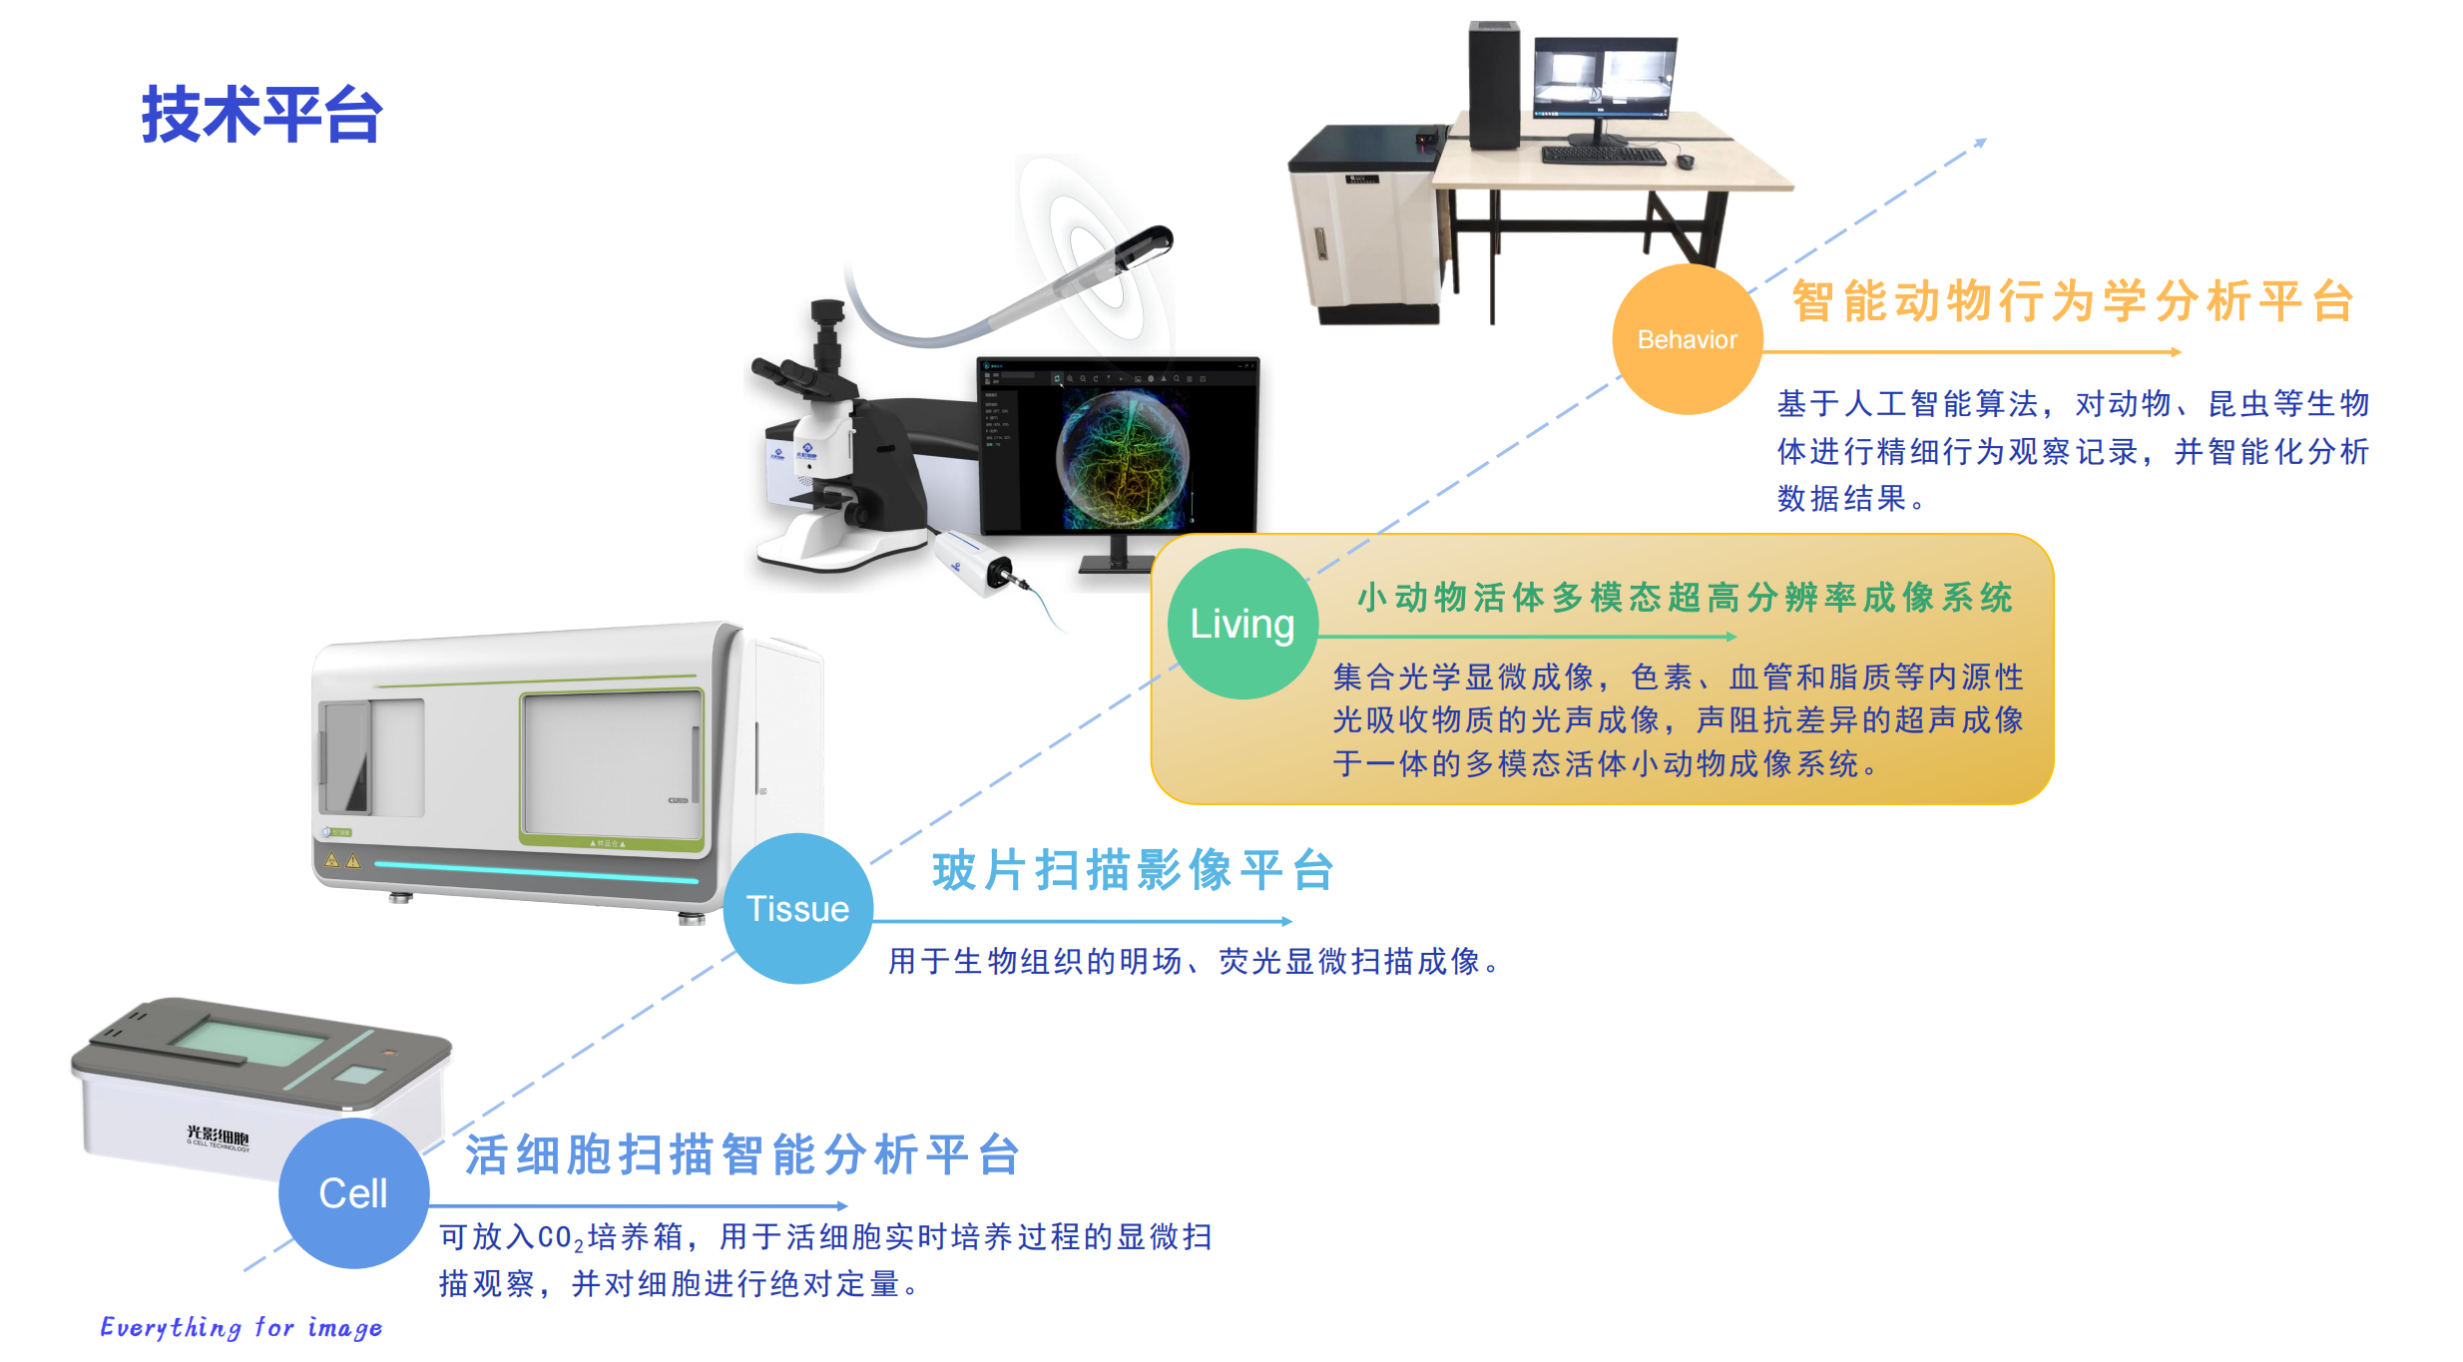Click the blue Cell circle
pyautogui.click(x=353, y=1192)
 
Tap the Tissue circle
pyautogui.click(x=797, y=908)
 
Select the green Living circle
pyautogui.click(x=1242, y=624)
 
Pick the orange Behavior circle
pyautogui.click(x=1688, y=339)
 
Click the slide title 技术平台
pyautogui.click(x=261, y=115)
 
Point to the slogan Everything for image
pyautogui.click(x=241, y=1327)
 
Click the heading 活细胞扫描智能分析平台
pyautogui.click(x=742, y=1154)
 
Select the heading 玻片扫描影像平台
pyautogui.click(x=1134, y=870)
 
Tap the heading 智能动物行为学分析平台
pyautogui.click(x=2074, y=300)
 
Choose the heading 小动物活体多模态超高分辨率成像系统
pyautogui.click(x=1686, y=598)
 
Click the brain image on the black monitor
pyautogui.click(x=1124, y=459)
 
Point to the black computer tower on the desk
pyautogui.click(x=1494, y=85)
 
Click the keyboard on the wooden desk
pyautogui.click(x=1604, y=156)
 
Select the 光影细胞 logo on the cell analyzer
pyautogui.click(x=218, y=1136)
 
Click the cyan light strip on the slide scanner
pyautogui.click(x=536, y=872)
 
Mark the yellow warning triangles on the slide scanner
pyautogui.click(x=342, y=859)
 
